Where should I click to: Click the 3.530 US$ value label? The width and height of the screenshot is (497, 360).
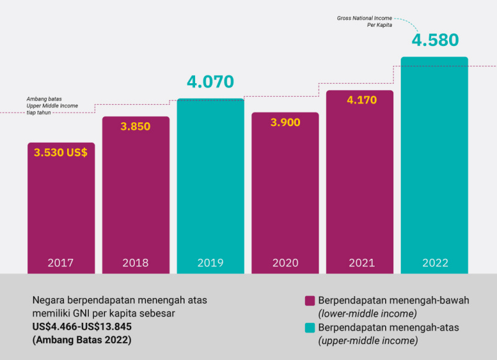click(x=61, y=152)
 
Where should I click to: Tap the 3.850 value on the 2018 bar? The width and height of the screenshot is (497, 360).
click(x=135, y=126)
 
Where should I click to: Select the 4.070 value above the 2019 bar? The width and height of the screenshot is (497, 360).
click(x=211, y=81)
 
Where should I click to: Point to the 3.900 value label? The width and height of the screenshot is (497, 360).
click(x=285, y=122)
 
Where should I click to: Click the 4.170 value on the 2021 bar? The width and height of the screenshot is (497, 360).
click(x=360, y=99)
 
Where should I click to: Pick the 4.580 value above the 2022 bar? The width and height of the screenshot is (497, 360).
click(x=434, y=40)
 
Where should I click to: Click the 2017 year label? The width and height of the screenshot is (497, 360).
click(x=61, y=263)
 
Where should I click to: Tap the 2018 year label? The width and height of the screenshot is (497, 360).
click(x=135, y=263)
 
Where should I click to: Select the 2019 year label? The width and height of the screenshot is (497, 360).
click(x=211, y=263)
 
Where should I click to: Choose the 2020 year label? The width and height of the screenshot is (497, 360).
click(x=285, y=263)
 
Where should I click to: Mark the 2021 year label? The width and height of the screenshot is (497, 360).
click(x=360, y=263)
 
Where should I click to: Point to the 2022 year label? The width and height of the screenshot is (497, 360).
click(x=434, y=263)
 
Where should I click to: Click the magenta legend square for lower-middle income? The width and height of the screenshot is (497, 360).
click(x=309, y=300)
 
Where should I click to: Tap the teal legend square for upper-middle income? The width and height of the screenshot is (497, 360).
click(x=309, y=328)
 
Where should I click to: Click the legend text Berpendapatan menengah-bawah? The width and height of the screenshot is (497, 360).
click(x=393, y=300)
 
